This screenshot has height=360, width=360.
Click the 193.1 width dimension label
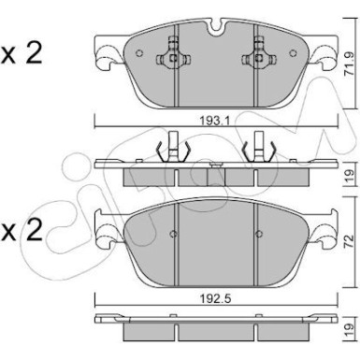[215, 121]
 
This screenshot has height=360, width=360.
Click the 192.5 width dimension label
[215, 299]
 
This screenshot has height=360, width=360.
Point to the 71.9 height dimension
[350, 64]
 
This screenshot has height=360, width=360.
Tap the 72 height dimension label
[350, 241]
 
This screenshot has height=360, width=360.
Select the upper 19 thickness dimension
[350, 177]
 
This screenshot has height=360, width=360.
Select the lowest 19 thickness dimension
[350, 330]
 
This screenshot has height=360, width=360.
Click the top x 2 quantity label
[22, 53]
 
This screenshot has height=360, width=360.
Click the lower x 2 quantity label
[22, 231]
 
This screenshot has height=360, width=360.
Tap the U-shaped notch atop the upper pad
[216, 26]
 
